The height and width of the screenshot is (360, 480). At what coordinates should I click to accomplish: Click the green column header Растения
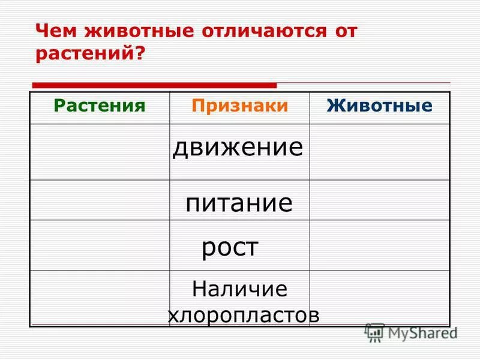point(100,106)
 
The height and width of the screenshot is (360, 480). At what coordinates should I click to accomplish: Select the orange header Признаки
point(240,106)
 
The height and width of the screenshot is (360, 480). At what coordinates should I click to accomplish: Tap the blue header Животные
point(379,106)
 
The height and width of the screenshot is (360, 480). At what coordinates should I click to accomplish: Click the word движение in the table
point(238,148)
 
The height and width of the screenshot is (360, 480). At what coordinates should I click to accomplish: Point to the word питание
point(239,203)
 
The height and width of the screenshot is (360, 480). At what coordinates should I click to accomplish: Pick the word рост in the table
point(230,247)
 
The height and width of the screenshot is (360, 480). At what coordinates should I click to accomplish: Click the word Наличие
point(240,290)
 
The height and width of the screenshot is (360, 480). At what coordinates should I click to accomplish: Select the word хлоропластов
point(243,316)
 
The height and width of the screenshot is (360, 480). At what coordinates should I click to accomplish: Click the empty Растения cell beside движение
point(100,152)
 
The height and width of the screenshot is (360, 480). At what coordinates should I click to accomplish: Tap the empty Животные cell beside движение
point(379,152)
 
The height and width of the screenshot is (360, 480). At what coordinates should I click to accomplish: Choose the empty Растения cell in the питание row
point(100,200)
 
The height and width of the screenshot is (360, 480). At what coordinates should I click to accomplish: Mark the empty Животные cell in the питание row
point(379,200)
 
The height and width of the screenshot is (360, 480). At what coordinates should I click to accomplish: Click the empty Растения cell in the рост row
point(100,245)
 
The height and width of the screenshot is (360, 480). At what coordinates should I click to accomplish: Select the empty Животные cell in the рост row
point(379,245)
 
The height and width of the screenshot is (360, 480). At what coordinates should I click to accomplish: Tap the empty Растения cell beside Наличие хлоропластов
point(100,298)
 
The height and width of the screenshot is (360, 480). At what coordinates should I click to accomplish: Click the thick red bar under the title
point(154,85)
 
